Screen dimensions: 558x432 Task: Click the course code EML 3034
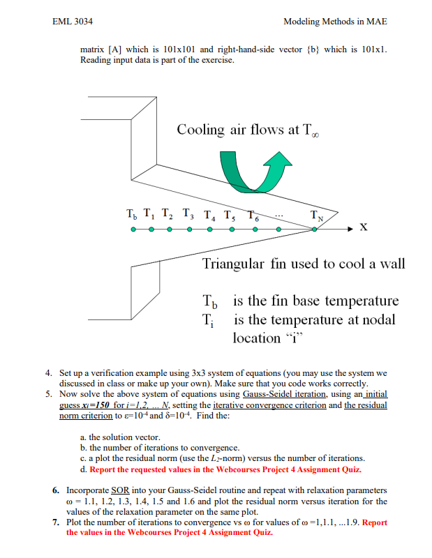pyautogui.click(x=73, y=22)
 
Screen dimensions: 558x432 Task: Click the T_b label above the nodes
pyautogui.click(x=131, y=214)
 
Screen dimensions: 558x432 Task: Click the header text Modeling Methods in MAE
pyautogui.click(x=335, y=22)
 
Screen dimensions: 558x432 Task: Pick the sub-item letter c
pyautogui.click(x=83, y=458)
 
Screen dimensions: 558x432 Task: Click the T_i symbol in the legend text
pyautogui.click(x=207, y=321)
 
